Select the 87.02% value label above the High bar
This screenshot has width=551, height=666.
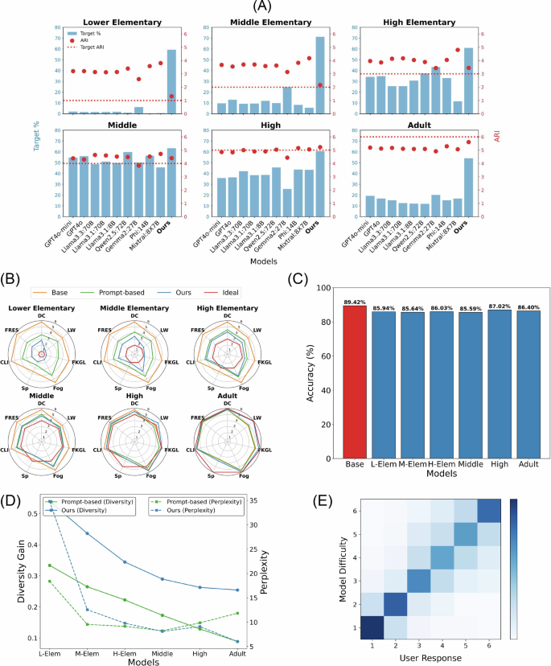pos(492,302)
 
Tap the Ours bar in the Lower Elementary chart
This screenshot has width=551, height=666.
pos(171,81)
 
